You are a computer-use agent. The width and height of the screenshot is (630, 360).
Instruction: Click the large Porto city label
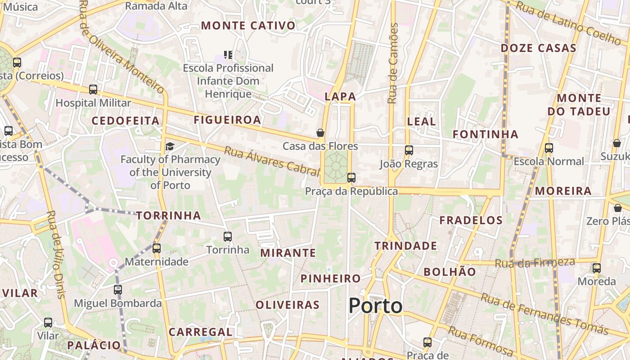point(375,306)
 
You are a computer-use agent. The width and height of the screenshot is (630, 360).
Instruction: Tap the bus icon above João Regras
point(409,150)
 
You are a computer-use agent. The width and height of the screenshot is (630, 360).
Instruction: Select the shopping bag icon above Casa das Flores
point(320,133)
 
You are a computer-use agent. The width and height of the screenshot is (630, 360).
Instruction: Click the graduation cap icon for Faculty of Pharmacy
point(170,146)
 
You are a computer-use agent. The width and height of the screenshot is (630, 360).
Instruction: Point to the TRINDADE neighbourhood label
point(406,246)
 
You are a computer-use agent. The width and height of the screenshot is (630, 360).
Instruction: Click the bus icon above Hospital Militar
point(93,90)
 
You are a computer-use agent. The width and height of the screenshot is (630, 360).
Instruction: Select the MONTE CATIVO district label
point(248,26)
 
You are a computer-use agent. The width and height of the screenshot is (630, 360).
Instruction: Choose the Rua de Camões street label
point(393,63)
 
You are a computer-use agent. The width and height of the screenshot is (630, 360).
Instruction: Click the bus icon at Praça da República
point(351,178)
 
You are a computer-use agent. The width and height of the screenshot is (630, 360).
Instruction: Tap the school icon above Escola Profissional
point(229,55)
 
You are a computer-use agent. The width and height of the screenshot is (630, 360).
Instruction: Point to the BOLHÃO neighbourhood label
point(450,272)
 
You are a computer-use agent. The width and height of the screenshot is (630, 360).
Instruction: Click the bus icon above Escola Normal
point(549,148)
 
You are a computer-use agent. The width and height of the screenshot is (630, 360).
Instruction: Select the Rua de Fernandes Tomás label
point(544,315)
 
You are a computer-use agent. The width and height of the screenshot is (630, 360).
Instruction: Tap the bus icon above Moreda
point(597,268)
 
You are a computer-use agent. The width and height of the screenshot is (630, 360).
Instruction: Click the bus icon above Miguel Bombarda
point(117,290)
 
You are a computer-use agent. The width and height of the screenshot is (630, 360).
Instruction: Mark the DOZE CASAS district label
point(538,48)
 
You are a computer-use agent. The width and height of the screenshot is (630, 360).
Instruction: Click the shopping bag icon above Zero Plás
point(617,208)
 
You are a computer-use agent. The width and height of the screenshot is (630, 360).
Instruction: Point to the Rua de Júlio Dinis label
point(56,254)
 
